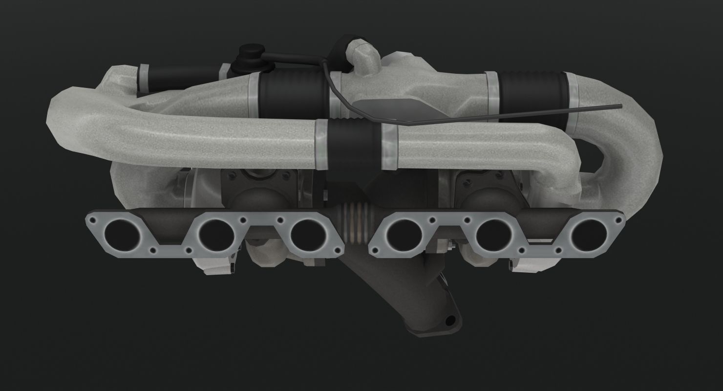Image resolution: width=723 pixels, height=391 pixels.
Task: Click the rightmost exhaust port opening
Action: point(588,234)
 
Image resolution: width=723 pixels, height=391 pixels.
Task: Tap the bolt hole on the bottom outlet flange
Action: point(450,321)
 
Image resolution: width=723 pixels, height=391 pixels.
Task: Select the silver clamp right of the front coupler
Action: point(389,146)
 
